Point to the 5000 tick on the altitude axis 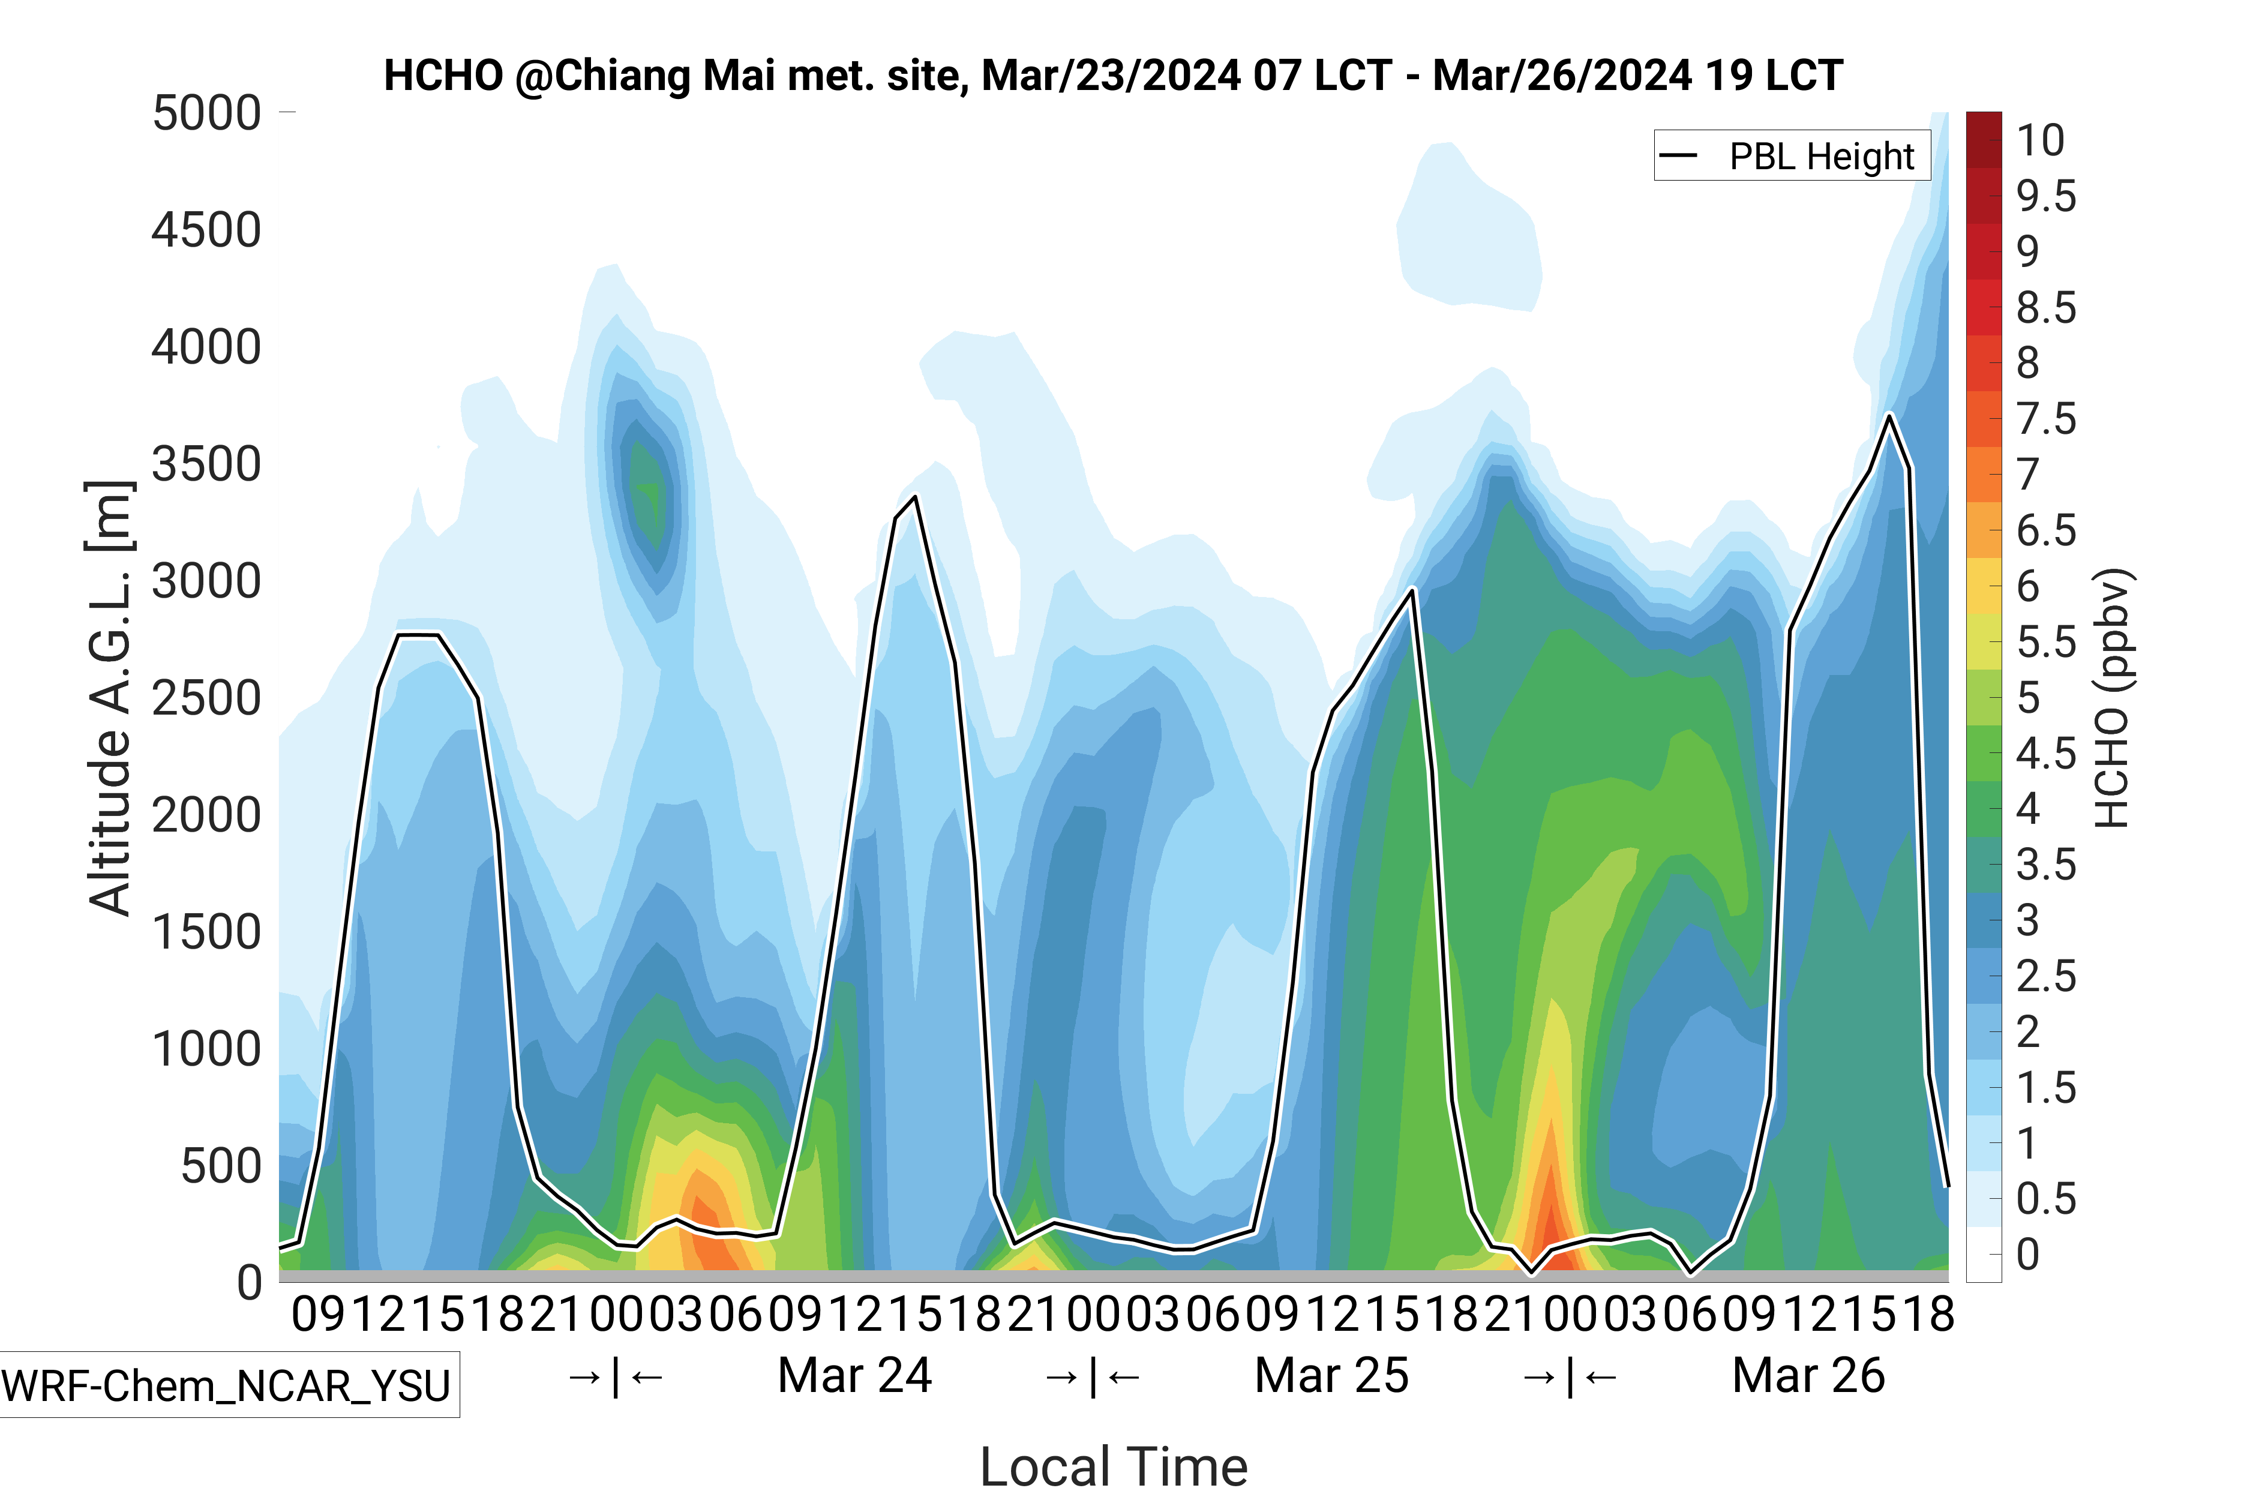(206, 113)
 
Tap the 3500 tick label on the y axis (206, 464)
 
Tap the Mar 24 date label (854, 1376)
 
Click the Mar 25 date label (1331, 1376)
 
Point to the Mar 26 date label (1808, 1376)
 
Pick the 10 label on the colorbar (2041, 140)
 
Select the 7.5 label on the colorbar (2046, 419)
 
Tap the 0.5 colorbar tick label (2046, 1199)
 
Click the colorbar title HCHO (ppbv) (2112, 698)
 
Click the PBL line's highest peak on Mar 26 (1889, 415)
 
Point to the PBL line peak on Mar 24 (916, 496)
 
